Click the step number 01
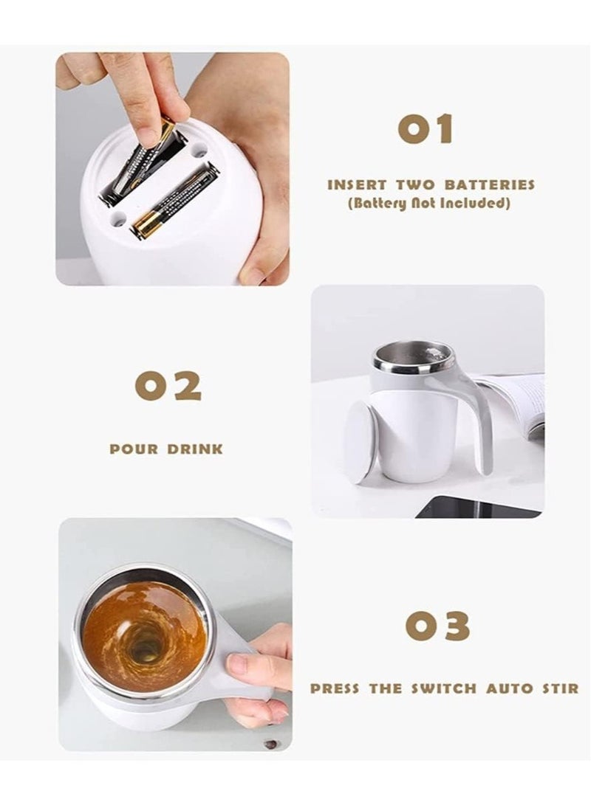425,129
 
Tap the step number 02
168,386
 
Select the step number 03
437,626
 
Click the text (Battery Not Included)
429,203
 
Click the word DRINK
194,449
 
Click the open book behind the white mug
517,402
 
